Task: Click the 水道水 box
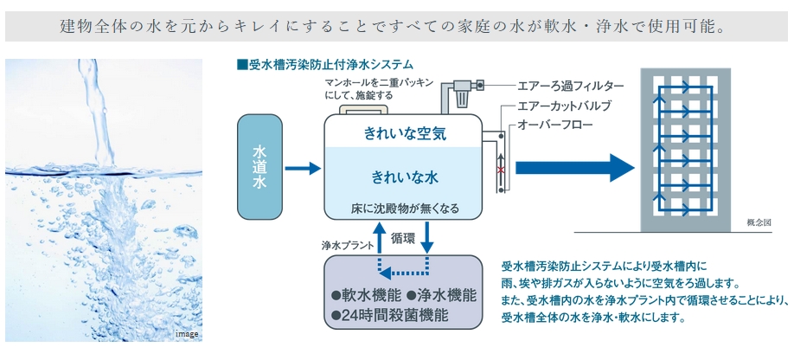coord(259,168)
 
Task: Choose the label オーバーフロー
coord(555,125)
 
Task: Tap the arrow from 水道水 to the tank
coord(302,169)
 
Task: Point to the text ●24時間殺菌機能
coord(387,316)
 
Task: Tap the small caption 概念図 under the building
coord(758,222)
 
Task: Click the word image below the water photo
coord(187,333)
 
